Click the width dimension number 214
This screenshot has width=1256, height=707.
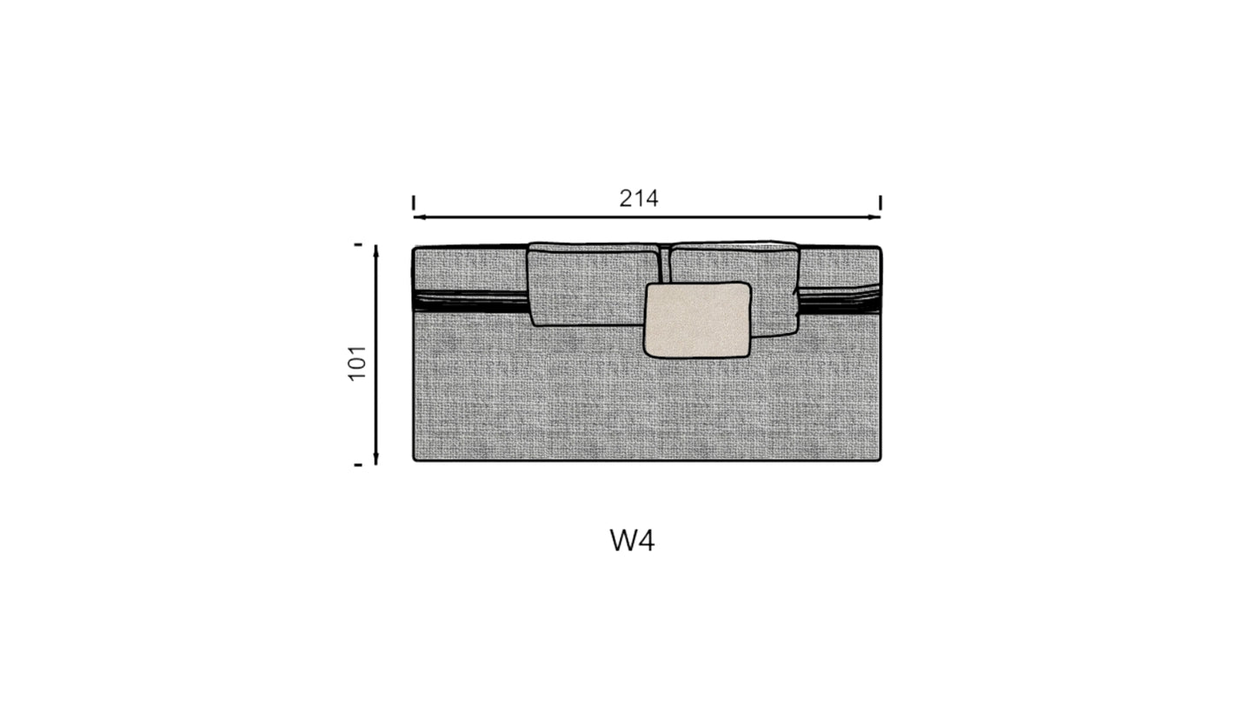click(639, 198)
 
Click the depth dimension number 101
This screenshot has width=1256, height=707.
click(357, 364)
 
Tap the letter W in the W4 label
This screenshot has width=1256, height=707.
click(623, 540)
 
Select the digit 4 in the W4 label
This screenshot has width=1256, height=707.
click(647, 540)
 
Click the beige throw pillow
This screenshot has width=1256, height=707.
click(697, 320)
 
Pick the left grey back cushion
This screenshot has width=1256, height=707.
click(594, 284)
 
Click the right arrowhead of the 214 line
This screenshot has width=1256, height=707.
click(874, 217)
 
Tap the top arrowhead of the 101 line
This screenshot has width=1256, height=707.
click(375, 251)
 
